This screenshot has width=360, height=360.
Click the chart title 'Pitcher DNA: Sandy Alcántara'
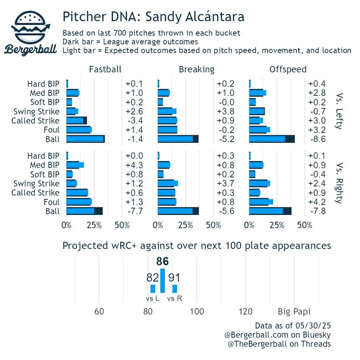153,17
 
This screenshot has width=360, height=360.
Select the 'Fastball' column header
105,69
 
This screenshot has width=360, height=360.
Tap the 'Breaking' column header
196,69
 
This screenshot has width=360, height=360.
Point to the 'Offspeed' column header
288,69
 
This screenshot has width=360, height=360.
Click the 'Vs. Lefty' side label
339,111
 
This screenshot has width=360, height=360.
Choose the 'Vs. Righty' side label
339,183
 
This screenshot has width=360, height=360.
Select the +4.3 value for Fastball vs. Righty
134,165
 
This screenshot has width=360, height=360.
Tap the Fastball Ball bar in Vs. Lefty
85,139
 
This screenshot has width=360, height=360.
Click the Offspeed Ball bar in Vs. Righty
270,211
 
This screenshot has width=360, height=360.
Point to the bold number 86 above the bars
163,262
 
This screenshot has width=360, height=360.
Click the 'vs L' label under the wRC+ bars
152,299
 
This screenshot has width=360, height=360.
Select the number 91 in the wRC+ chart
174,278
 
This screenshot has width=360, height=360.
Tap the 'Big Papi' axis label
294,311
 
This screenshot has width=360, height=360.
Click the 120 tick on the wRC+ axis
245,311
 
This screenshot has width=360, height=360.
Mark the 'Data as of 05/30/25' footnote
293,326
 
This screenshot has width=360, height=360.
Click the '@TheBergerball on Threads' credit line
279,344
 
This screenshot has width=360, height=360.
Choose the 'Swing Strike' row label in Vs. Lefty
36,111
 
